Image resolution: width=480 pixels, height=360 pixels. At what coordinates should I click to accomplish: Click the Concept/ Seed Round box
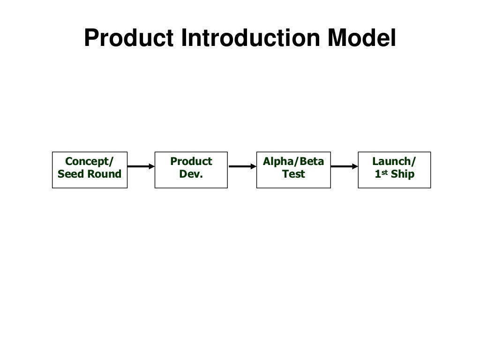(90, 170)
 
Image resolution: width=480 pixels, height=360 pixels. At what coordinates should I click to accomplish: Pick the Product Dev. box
(191, 170)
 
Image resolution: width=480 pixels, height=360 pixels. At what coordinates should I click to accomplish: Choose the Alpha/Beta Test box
(293, 170)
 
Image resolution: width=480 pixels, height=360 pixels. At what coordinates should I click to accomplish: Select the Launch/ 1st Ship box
(394, 170)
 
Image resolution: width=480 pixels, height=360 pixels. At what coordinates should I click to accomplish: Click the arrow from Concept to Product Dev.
(141, 166)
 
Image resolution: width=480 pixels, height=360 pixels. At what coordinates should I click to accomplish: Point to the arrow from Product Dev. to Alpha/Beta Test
(242, 166)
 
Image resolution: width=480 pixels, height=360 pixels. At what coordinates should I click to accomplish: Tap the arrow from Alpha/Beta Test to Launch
(344, 166)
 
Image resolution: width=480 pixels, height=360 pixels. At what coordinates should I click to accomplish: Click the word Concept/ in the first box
(90, 162)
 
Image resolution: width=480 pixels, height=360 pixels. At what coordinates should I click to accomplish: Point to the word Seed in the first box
(69, 174)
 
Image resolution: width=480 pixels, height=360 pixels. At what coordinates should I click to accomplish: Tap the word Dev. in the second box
(191, 174)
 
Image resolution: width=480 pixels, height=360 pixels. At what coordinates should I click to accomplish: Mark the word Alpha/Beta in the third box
(293, 162)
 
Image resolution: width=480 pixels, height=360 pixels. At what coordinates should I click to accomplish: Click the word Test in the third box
(293, 174)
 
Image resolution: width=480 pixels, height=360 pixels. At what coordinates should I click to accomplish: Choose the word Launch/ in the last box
(394, 162)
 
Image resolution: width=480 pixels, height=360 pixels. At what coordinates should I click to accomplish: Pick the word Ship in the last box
(403, 174)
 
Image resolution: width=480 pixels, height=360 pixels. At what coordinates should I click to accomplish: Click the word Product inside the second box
(191, 162)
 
